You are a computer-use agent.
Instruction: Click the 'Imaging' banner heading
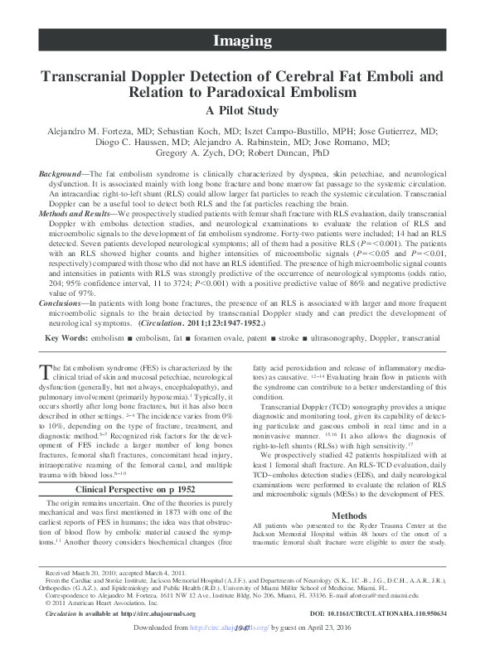point(242,41)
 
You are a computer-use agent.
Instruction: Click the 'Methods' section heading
point(349,516)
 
